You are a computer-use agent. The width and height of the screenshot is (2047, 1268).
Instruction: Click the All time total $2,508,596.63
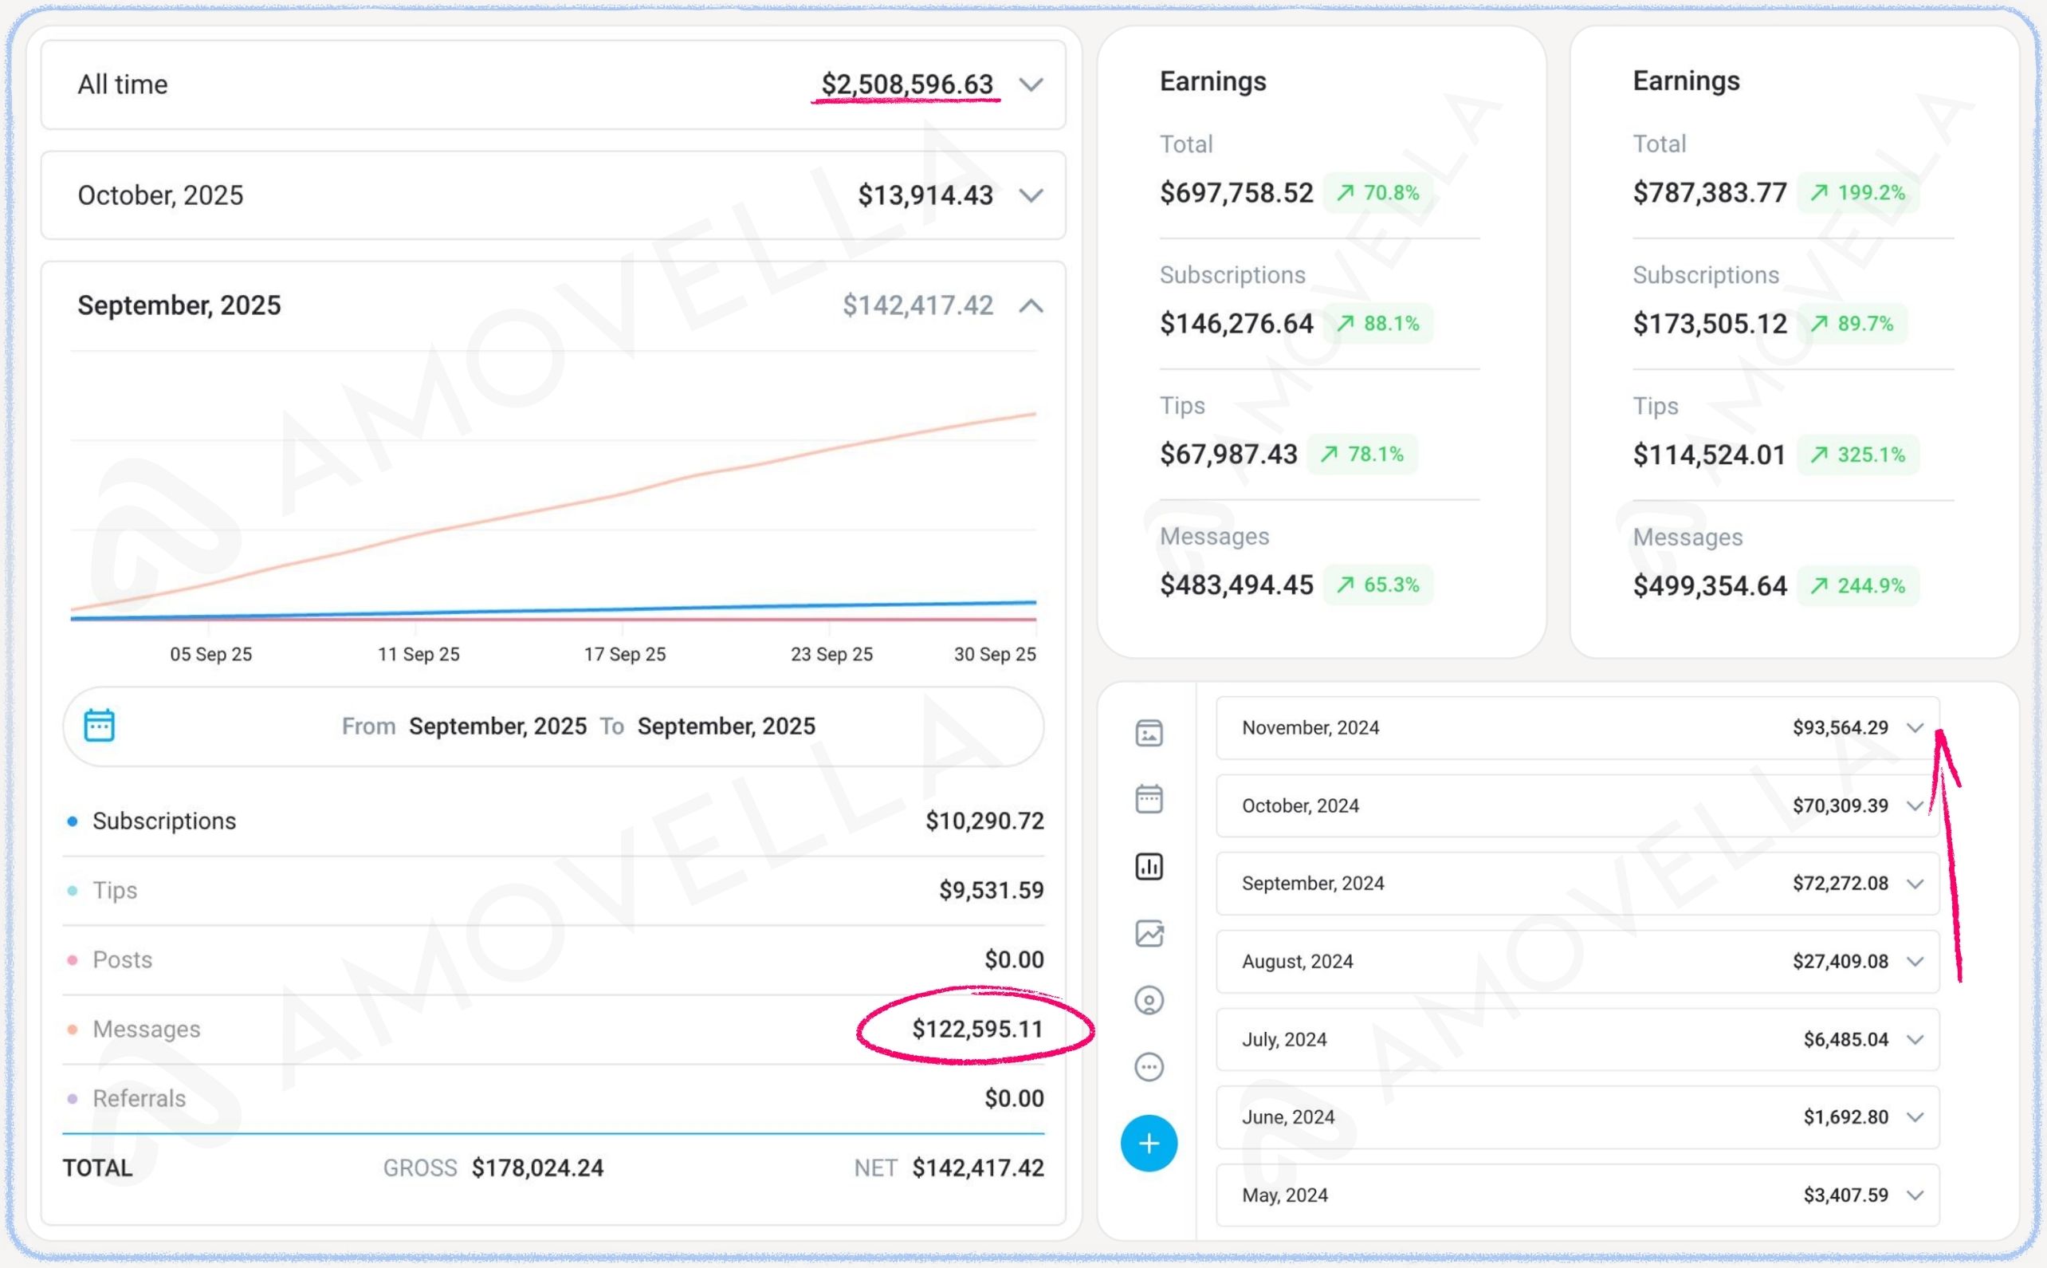point(906,84)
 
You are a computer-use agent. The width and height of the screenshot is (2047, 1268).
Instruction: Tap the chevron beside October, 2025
point(1030,195)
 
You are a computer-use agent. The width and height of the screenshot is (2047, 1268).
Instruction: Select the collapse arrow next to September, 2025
point(1030,306)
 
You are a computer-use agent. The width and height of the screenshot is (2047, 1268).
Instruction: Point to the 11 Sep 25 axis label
point(418,654)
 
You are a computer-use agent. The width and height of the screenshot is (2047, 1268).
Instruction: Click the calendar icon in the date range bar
point(99,726)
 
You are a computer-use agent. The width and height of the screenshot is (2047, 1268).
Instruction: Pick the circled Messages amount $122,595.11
point(976,1028)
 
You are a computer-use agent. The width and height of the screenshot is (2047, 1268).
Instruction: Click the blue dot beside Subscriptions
point(73,821)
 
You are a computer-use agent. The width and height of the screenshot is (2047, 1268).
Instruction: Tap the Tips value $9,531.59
point(991,890)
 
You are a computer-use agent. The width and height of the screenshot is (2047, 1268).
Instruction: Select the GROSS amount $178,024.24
point(537,1168)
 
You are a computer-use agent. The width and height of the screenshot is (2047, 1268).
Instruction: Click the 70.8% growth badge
point(1377,193)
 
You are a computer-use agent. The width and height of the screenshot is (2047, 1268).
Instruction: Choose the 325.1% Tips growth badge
point(1857,455)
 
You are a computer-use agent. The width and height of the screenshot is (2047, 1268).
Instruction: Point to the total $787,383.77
point(1709,193)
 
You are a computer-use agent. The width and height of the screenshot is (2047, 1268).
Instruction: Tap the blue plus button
point(1149,1143)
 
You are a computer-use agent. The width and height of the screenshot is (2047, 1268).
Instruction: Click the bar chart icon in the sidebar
point(1149,866)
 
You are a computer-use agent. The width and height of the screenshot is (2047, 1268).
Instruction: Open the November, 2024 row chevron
point(1915,727)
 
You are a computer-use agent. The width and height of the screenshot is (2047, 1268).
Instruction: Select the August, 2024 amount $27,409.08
point(1840,961)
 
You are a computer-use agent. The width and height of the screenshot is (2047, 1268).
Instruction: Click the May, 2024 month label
point(1284,1195)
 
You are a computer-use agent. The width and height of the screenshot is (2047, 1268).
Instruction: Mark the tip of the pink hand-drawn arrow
point(1939,733)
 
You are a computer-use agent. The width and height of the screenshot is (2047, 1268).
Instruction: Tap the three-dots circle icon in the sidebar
point(1149,1067)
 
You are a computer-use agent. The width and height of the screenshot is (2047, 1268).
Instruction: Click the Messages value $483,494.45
point(1236,585)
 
